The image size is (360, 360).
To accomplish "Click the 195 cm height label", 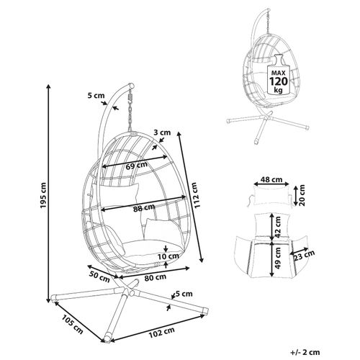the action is coord(43,195).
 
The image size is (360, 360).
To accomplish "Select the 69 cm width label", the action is coord(137,166).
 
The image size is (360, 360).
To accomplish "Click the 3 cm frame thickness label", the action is coord(162,132).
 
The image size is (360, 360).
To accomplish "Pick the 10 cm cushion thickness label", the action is coord(168,256).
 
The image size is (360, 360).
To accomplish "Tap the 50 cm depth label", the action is coord(99,276).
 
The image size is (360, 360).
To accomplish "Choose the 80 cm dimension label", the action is coord(156,277).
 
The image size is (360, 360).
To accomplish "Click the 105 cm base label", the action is coord(73,324).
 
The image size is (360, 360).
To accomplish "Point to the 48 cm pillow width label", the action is coord(271,179).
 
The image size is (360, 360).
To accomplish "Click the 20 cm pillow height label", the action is coord(302,195).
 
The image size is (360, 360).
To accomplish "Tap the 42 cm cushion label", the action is coord(278,227).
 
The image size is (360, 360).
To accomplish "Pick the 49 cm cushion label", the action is coord(278,258).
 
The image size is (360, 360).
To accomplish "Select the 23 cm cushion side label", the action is coord(304,255).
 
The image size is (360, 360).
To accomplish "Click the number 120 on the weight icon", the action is coord(279,81).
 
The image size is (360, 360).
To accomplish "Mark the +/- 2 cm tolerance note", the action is coord(305,352).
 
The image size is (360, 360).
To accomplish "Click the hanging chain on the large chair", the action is coord(131,110).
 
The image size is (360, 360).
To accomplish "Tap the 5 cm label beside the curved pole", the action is coord(96,96).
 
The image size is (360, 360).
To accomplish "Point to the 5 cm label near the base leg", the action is coord(184,294).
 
